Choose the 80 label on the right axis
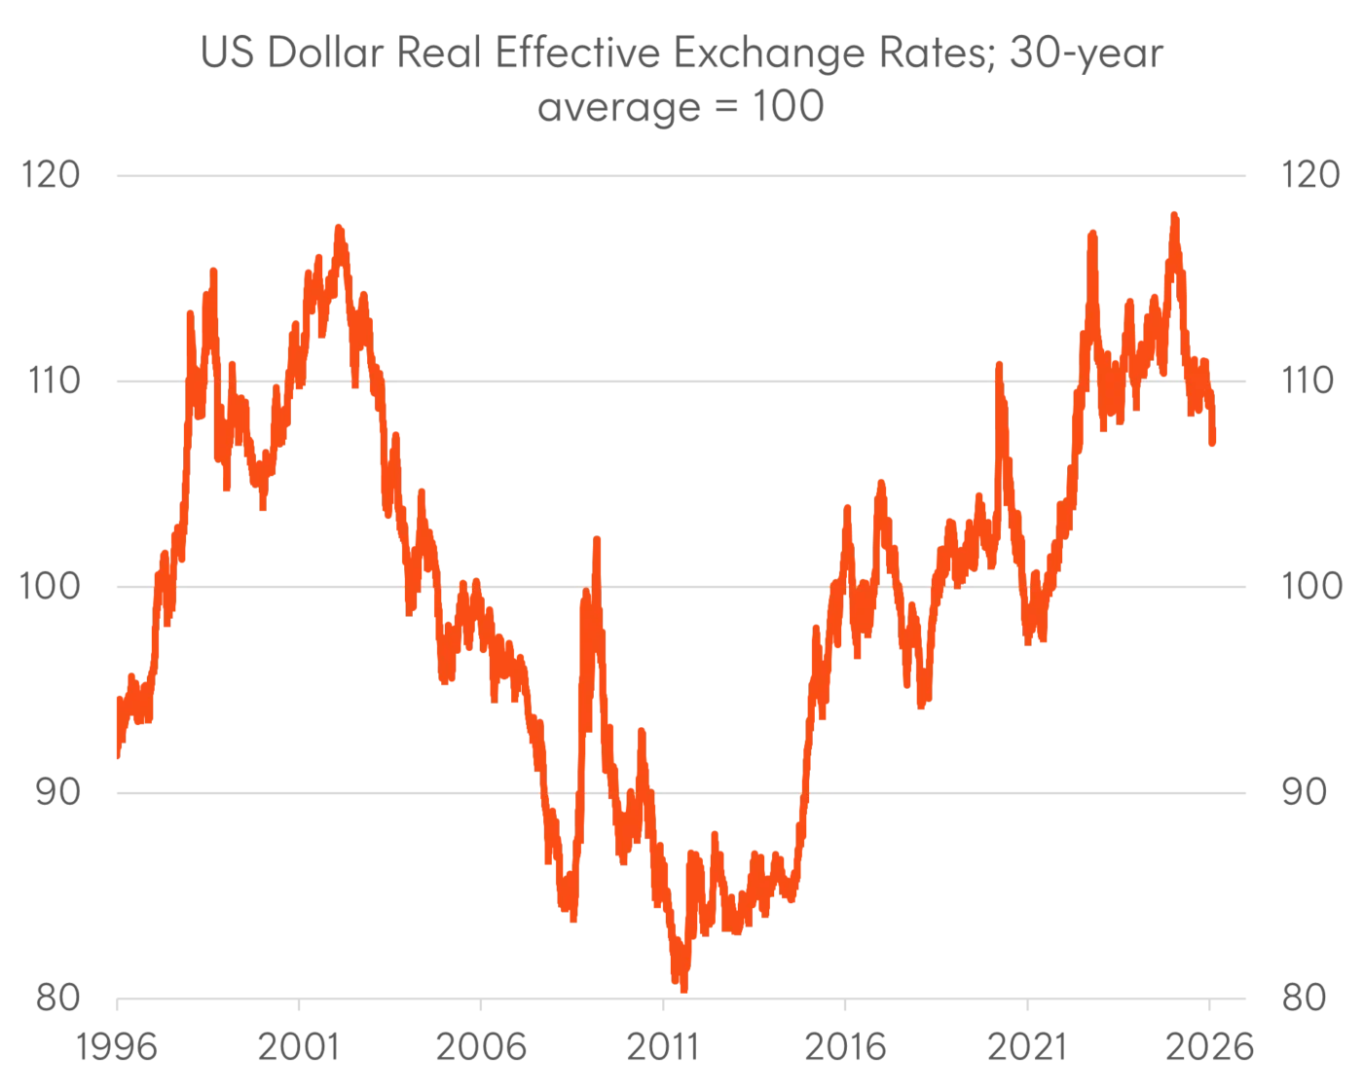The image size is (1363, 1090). click(1305, 997)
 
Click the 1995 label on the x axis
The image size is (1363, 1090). click(119, 1048)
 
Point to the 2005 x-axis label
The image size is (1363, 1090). click(483, 1048)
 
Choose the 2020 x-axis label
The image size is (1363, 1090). click(1030, 1048)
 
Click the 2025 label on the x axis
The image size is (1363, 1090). click(1213, 1048)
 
